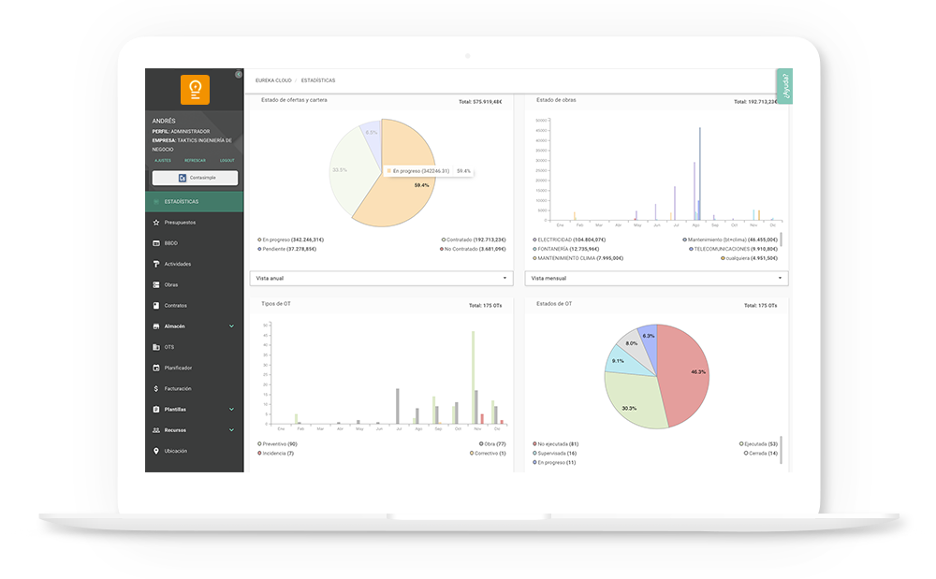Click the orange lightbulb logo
coord(195,90)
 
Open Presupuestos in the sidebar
coord(180,223)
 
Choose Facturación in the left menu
coord(178,388)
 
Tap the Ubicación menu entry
coord(176,451)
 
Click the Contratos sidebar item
coord(176,306)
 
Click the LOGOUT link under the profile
coord(227,161)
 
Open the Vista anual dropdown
coord(382,278)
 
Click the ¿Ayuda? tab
coord(784,85)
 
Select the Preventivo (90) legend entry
coord(279,443)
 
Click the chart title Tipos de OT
coord(276,303)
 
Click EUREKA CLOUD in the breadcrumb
coord(273,80)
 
